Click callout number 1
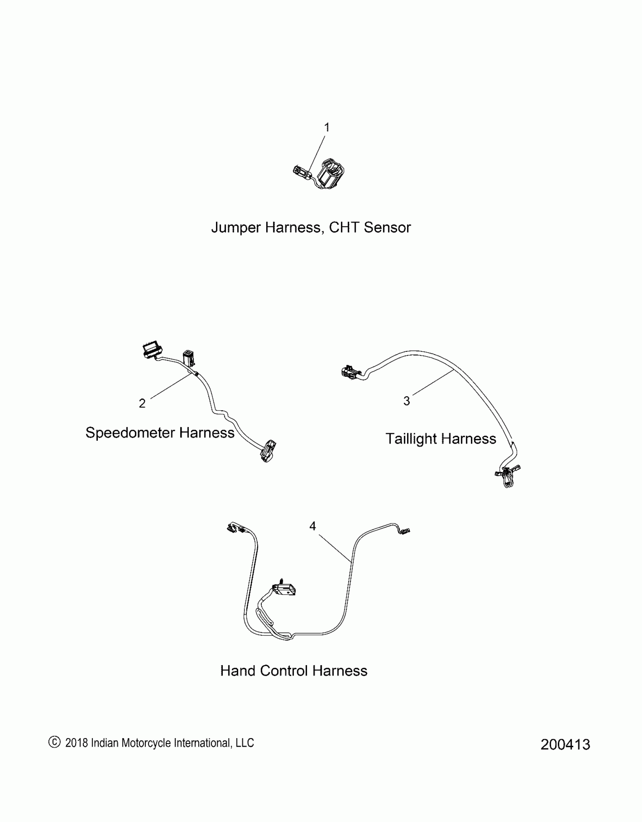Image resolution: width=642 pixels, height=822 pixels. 327,127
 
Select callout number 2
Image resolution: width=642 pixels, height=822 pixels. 142,403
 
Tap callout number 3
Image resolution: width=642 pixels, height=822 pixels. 406,401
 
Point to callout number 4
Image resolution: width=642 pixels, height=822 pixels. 312,526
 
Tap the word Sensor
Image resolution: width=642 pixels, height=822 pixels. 387,228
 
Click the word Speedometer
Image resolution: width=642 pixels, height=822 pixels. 130,433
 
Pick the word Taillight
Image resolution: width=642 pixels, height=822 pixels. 411,439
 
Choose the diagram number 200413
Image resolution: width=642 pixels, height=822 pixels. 565,745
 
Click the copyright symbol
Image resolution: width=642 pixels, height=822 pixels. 54,742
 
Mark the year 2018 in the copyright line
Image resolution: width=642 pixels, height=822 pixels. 77,743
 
